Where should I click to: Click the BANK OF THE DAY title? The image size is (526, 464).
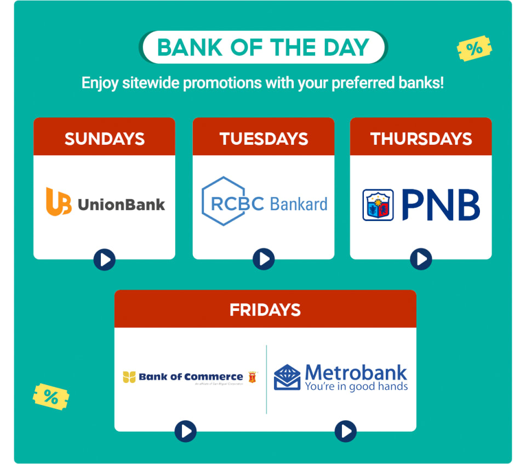coord(263,48)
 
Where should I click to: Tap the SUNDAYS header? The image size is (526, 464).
coord(104,139)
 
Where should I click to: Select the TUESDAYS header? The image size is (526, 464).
coord(264,139)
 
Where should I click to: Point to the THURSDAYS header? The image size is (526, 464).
coord(421,139)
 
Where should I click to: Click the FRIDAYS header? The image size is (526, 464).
coord(265,310)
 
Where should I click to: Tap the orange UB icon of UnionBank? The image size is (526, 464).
coord(58,201)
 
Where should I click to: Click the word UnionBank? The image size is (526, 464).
coord(121,205)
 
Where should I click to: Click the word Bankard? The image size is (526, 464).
coord(299,204)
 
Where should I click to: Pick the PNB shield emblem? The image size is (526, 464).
coord(378,205)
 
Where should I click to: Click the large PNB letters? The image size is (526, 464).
coord(441,205)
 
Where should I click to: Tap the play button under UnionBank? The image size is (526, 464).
coord(104,259)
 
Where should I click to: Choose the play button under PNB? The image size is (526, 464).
coord(421,259)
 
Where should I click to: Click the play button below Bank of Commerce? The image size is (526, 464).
coord(185,431)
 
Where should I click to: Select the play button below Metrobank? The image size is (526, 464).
coord(345,431)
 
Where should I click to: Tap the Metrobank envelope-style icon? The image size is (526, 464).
coord(287,377)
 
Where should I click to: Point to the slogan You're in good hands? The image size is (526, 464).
coord(356,387)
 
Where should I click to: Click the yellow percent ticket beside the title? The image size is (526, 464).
coord(474,49)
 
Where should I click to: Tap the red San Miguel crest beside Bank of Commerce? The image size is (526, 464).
coord(253,377)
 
